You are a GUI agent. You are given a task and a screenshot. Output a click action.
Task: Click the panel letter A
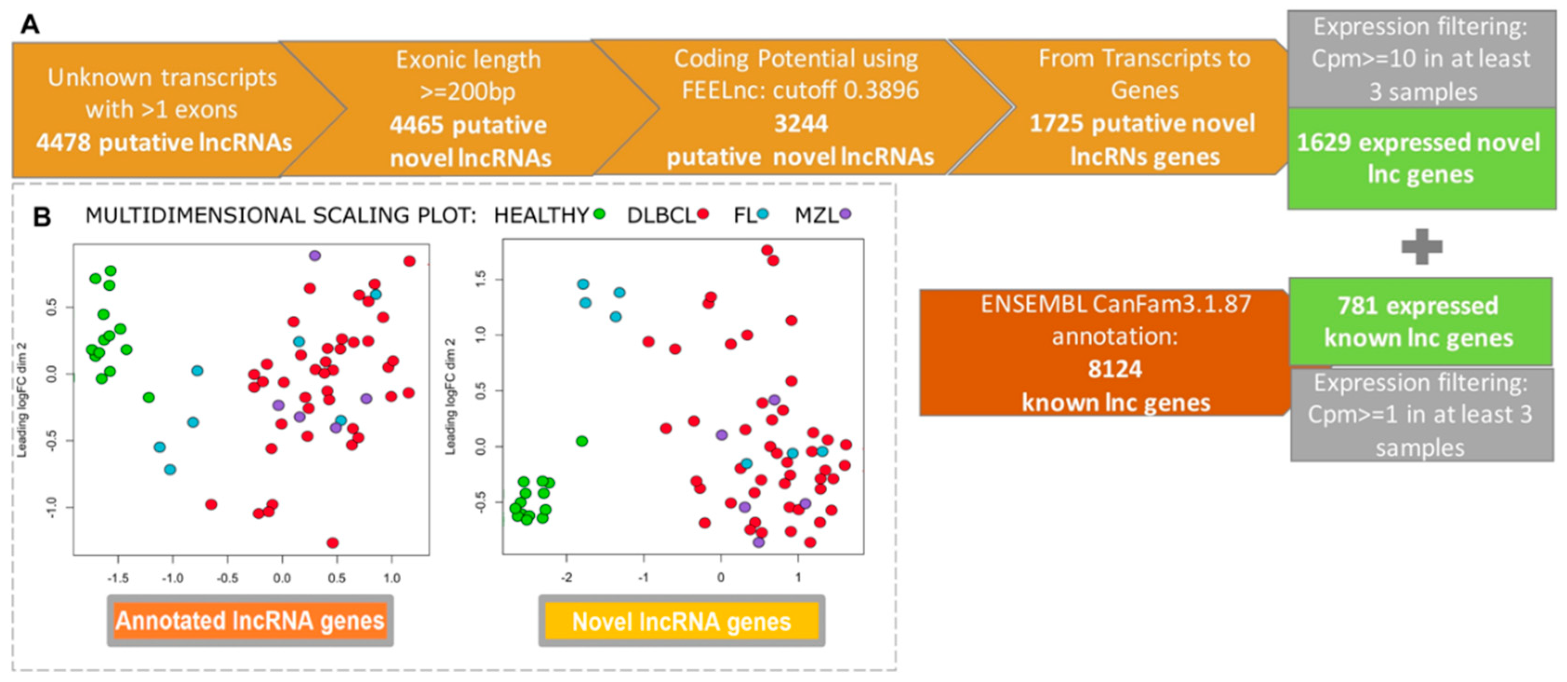[30, 25]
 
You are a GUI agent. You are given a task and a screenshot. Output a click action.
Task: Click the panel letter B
[41, 217]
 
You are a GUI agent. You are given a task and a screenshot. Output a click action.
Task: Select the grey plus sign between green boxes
[1421, 247]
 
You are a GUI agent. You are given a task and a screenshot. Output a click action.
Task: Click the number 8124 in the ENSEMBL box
[1115, 369]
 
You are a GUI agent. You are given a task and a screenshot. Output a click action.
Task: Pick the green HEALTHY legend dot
[599, 214]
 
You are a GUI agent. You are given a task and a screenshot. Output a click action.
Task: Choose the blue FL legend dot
[763, 214]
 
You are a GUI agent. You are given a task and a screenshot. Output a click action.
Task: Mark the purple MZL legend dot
[845, 214]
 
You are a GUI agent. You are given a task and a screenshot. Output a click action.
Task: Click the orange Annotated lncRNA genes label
[250, 621]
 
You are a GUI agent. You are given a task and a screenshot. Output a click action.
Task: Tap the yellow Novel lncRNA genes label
[681, 622]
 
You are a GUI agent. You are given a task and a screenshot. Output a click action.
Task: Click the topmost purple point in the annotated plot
[314, 255]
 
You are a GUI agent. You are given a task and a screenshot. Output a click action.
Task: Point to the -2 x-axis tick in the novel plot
[566, 577]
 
